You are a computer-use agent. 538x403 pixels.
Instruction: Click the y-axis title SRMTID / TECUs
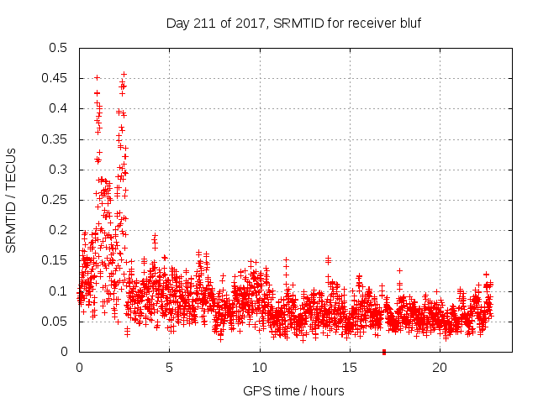pyautogui.click(x=12, y=200)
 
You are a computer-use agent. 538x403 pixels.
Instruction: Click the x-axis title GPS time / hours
pyautogui.click(x=293, y=390)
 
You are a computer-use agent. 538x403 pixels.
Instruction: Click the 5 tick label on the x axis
pyautogui.click(x=169, y=367)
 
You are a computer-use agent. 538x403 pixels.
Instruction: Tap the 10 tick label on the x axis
pyautogui.click(x=260, y=367)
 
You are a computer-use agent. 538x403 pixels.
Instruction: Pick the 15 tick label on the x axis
pyautogui.click(x=350, y=367)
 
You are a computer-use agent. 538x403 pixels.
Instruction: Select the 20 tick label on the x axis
pyautogui.click(x=440, y=367)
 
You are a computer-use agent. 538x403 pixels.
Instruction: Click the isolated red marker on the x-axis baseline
pyautogui.click(x=384, y=351)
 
